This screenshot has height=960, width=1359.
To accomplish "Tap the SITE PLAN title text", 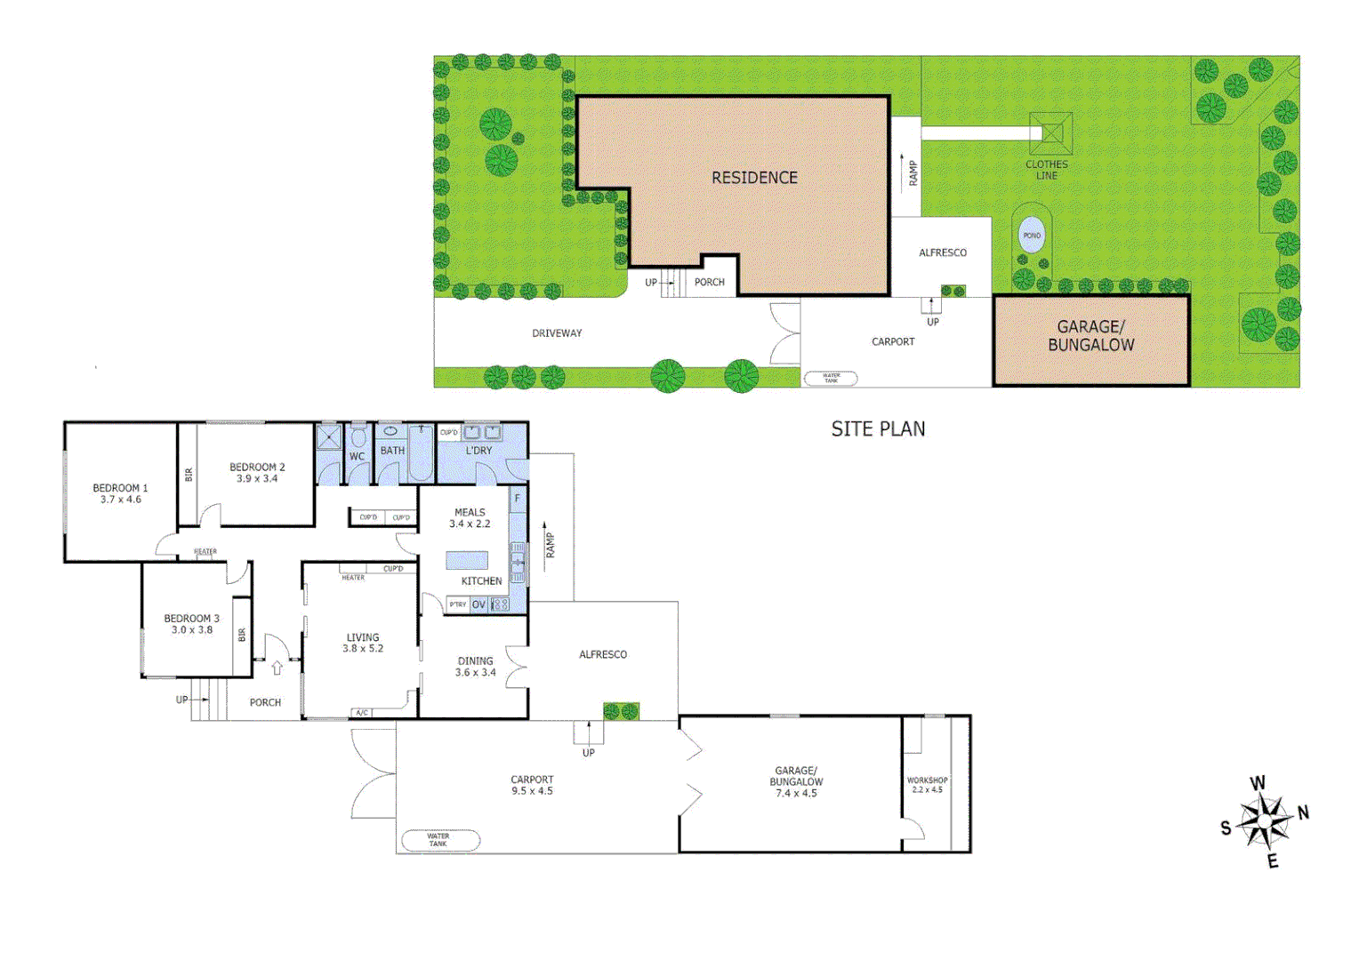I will point(878,429).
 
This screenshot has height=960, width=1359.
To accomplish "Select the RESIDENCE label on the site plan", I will point(754,178).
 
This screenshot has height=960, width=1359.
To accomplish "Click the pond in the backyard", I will point(1032,236).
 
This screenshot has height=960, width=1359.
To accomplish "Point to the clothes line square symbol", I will point(1051,133).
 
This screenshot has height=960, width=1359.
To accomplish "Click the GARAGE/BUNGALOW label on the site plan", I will point(1090,336).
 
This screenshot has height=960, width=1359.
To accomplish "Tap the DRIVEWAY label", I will point(557,333).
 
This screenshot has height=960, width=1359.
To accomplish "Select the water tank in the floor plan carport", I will point(440,840).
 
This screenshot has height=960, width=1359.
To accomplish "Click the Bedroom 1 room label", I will point(120,488).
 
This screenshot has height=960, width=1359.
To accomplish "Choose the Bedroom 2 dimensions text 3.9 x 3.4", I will point(257,479).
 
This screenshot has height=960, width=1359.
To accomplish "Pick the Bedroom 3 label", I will point(191,619).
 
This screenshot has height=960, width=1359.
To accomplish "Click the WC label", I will point(357,457).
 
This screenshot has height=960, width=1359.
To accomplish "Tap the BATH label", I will point(392,451).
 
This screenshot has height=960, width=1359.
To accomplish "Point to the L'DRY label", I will point(478,451).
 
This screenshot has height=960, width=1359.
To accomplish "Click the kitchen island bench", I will point(467,560).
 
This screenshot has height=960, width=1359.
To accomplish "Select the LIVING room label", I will point(363,637).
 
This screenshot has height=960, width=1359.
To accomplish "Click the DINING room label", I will point(475,661).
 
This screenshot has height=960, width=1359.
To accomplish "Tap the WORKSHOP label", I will point(927,780).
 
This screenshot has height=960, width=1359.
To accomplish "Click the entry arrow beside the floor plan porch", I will point(277,668).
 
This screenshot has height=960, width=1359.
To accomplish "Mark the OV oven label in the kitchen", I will point(478,604).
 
